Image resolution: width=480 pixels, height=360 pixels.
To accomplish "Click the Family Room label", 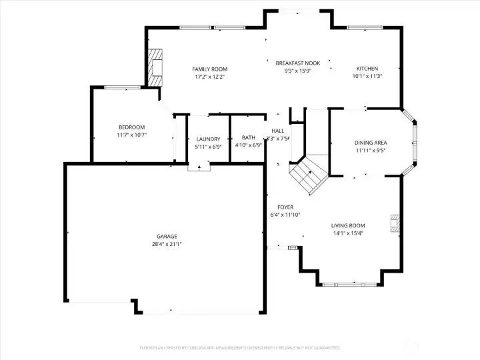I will (x=209, y=69).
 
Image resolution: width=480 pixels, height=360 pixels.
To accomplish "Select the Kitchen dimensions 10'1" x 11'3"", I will (x=367, y=76).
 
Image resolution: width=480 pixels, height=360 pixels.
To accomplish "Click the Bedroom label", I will (x=131, y=127).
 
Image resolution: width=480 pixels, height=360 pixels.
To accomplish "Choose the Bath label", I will (x=248, y=137).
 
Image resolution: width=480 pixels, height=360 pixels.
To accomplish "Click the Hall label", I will (x=278, y=131).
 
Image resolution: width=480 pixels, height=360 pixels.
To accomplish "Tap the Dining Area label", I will (x=371, y=143).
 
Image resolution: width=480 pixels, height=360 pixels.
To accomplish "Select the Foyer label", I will (x=285, y=207).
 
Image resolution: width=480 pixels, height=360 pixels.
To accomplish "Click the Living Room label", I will (x=348, y=225).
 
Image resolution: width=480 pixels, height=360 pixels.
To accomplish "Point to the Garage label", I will (x=167, y=237).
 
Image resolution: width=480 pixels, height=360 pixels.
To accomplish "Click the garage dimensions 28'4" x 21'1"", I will (x=167, y=245).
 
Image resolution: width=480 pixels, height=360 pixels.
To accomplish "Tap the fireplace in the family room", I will (x=155, y=67).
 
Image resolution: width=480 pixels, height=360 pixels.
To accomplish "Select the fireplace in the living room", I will (x=396, y=223).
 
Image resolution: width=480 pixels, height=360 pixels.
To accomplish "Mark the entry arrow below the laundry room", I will (x=199, y=167).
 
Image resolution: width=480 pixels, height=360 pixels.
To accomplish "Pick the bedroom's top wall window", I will (x=122, y=87).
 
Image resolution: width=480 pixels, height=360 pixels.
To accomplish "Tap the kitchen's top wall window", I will (x=365, y=28).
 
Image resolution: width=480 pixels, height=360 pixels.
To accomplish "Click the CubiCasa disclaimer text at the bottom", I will (x=239, y=348).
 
